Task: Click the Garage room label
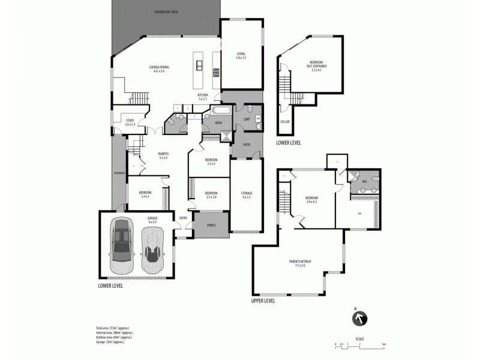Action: pyautogui.click(x=152, y=220)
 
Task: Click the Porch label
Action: pyautogui.click(x=211, y=226)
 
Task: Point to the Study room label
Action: pyautogui.click(x=130, y=122)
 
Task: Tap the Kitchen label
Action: pyautogui.click(x=203, y=97)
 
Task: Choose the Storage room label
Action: pyautogui.click(x=247, y=194)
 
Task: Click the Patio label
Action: pyautogui.click(x=246, y=145)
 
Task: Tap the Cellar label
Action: pyautogui.click(x=284, y=122)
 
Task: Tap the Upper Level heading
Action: pyautogui.click(x=263, y=301)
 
